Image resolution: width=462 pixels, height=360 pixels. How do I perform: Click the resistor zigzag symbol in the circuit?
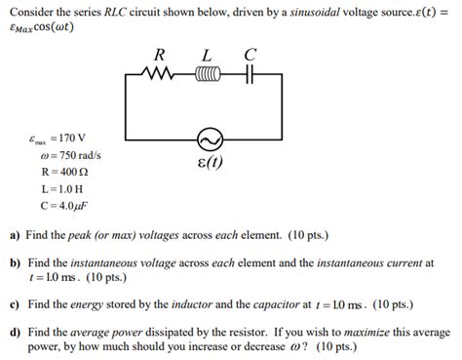click(x=158, y=73)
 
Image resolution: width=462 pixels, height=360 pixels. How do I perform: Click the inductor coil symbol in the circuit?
click(x=208, y=73)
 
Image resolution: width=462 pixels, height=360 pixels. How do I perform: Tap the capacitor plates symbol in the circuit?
click(x=250, y=73)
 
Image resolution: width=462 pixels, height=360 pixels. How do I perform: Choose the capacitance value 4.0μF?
click(x=65, y=207)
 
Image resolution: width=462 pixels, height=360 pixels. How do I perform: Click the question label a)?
click(x=15, y=235)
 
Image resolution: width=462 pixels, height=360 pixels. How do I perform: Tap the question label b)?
click(x=15, y=263)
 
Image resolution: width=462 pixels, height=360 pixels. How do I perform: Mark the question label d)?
click(x=15, y=332)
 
